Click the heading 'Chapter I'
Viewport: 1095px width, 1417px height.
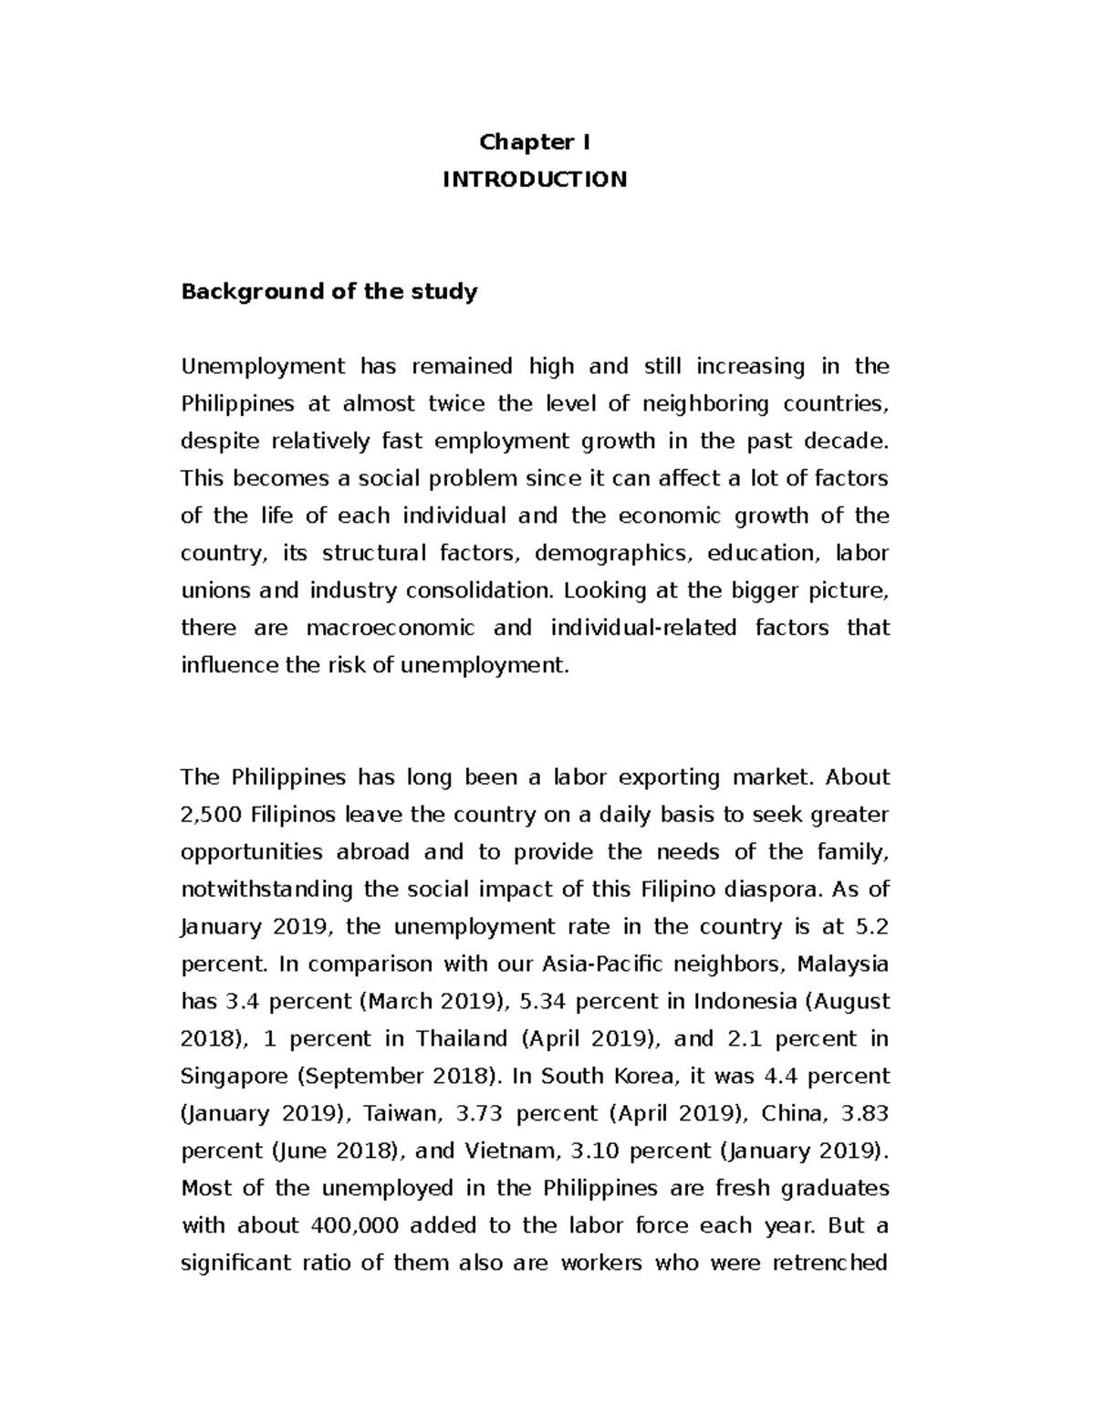click(x=535, y=142)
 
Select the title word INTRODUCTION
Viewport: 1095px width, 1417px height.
click(x=535, y=180)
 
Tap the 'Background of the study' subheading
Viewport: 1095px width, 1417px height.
click(x=328, y=292)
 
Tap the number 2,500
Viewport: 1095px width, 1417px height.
click(x=210, y=815)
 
